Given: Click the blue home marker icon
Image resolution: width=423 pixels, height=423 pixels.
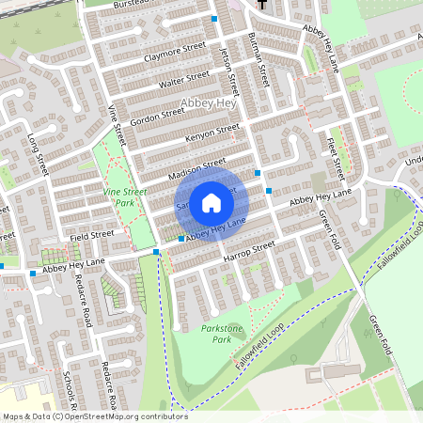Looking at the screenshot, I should coord(211,202).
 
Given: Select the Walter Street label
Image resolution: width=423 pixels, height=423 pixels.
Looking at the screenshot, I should coord(183,81).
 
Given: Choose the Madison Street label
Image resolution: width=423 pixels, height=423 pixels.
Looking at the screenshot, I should coord(196,166).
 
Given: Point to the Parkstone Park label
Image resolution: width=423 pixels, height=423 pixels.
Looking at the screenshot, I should coord(222,333).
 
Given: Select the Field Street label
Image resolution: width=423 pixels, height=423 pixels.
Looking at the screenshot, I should coord(91,233).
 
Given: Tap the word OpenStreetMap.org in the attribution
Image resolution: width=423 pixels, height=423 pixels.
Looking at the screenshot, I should coord(103,415).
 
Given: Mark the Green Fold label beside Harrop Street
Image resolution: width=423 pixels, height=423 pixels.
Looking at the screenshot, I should coord(327,225).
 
